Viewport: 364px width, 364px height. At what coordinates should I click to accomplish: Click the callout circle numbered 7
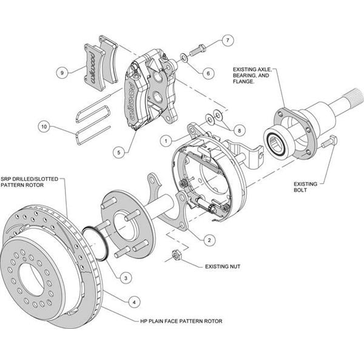tap(227, 40)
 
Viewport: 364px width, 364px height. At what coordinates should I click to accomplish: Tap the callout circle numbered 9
tap(62, 73)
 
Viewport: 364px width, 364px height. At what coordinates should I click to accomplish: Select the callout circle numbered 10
tap(44, 127)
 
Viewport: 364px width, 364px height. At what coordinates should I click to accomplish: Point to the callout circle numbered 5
tap(119, 152)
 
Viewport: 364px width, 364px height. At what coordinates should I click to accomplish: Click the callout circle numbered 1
tap(166, 141)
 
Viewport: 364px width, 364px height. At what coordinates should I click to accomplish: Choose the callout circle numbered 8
tap(239, 130)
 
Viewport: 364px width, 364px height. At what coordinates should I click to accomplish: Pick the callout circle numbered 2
tap(209, 240)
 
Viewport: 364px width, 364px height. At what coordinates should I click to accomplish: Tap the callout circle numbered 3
tap(126, 278)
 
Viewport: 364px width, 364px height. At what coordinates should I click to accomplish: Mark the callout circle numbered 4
tap(134, 302)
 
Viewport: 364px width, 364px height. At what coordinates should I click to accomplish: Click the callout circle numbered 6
tap(208, 73)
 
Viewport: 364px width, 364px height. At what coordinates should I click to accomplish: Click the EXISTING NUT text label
tap(223, 266)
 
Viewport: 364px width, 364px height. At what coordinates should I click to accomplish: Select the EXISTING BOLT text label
tap(305, 187)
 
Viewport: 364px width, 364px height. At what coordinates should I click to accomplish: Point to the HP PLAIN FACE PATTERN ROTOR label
tap(181, 322)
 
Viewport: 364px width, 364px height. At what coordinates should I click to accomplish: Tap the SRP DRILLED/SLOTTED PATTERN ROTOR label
tap(29, 182)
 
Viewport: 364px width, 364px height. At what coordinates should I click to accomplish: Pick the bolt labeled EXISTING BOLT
tap(329, 142)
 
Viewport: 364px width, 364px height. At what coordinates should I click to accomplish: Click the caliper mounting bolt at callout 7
tap(198, 50)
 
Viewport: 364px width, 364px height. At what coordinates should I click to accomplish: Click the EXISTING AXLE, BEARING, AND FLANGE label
tap(252, 75)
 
